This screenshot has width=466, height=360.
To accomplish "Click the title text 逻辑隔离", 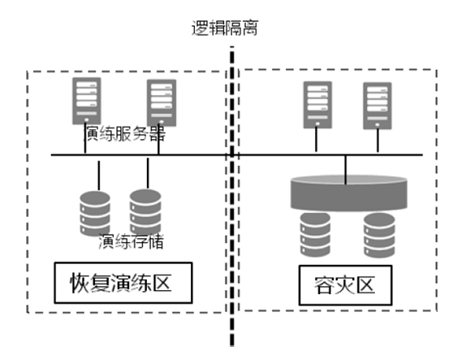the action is tap(225, 28).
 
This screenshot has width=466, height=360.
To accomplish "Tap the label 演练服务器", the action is tap(124, 133).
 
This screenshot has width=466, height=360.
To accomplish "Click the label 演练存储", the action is tap(131, 241).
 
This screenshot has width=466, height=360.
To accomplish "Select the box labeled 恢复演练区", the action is tap(123, 283).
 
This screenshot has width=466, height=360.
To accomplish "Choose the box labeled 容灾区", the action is tap(345, 285).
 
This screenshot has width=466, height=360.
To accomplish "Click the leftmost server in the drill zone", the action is tap(87, 101).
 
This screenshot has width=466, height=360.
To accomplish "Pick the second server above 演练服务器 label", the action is tap(162, 103).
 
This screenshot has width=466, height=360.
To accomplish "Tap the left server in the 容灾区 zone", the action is tap(317, 105).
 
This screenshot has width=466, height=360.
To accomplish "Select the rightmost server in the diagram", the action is tap(378, 106).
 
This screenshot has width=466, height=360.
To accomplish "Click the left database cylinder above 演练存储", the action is tap(95, 213).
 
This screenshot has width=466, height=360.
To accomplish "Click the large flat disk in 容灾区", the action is tap(348, 193).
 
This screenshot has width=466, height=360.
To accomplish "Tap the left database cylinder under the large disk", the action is tap(315, 235).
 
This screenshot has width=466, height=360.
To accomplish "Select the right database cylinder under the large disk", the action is tap(379, 236).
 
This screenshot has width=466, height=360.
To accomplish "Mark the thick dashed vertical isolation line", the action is tap(232, 197).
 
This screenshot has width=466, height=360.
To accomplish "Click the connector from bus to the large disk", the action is tap(345, 170).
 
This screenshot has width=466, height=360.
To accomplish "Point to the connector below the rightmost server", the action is tap(378, 141).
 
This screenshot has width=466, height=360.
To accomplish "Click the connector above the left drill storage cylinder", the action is tap(99, 176).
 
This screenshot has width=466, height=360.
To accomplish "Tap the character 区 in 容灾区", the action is tap(365, 285).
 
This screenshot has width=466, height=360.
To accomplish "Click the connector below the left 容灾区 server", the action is tap(317, 140).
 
